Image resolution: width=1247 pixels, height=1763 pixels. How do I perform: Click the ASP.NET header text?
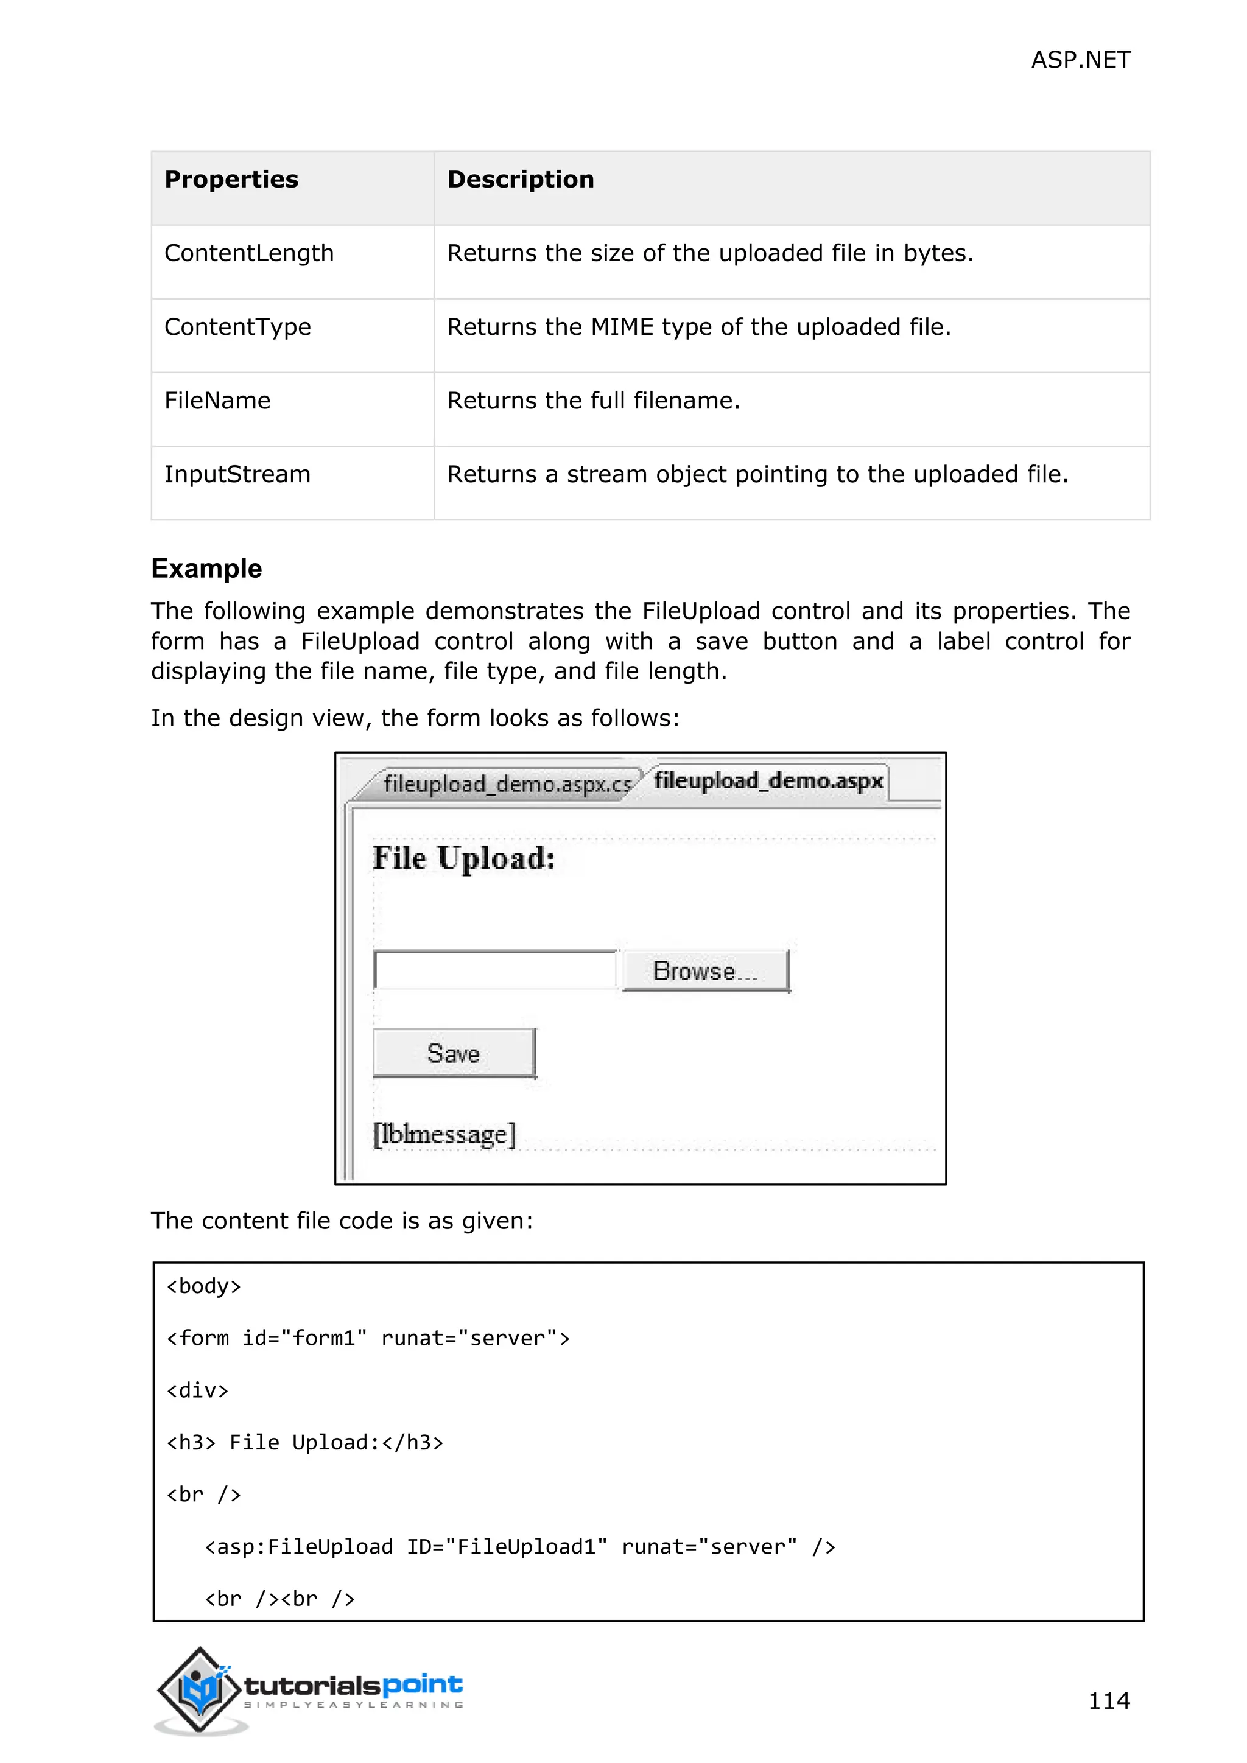pos(1080,60)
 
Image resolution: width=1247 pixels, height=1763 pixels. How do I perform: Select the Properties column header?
pos(231,180)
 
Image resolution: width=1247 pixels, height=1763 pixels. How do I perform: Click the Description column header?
pos(520,180)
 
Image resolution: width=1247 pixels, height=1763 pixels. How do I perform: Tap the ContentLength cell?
pos(249,253)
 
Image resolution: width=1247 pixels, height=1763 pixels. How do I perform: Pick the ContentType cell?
pos(237,327)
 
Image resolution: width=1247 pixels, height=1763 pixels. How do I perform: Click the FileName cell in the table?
pos(217,401)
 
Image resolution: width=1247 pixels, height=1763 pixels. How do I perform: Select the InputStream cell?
pos(237,474)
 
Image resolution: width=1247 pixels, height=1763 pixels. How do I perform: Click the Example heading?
pos(206,569)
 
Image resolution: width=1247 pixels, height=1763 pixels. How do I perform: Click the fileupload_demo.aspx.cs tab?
pos(507,785)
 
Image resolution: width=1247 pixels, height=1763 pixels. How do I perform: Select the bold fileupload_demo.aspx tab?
pos(768,781)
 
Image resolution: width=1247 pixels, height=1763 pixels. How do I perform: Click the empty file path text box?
pos(494,970)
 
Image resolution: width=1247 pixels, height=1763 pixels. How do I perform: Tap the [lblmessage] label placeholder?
pos(444,1134)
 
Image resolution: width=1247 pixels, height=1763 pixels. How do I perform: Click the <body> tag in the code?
pos(203,1286)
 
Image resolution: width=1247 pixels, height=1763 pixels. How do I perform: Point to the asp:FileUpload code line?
pos(520,1546)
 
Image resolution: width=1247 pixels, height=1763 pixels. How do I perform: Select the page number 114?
pos(1108,1701)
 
